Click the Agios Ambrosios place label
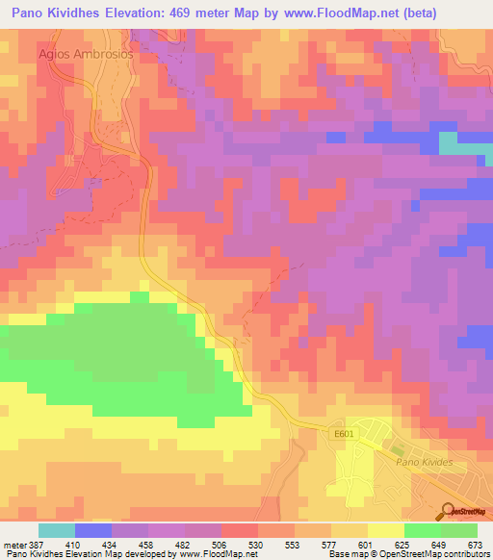pyautogui.click(x=85, y=54)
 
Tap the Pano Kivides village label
pyautogui.click(x=430, y=463)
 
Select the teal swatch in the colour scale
pyautogui.click(x=57, y=530)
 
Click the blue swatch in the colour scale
pyautogui.click(x=93, y=530)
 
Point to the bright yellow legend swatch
pyautogui.click(x=385, y=530)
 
